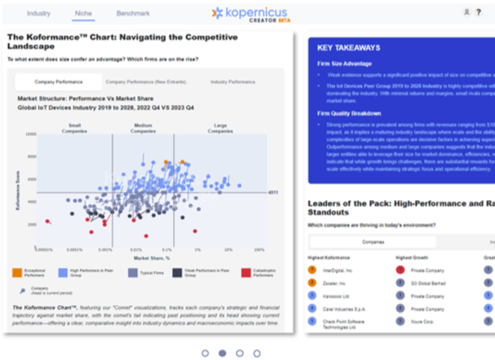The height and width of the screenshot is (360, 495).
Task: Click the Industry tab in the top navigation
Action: point(39,13)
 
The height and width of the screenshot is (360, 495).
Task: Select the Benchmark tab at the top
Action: point(133,13)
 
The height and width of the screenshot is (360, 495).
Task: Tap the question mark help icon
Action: point(478,12)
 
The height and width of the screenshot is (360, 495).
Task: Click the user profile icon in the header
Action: point(467,12)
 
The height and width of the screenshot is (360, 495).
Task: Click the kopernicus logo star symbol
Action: point(217,13)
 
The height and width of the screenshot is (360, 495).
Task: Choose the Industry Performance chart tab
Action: point(232,82)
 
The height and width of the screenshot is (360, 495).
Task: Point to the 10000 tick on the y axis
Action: point(30,133)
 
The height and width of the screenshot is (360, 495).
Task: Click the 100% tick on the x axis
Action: point(259,250)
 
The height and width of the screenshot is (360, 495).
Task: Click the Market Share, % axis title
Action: point(151,257)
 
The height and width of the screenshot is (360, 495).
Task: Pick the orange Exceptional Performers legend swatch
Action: point(17,272)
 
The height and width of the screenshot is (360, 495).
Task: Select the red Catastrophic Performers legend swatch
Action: point(246,272)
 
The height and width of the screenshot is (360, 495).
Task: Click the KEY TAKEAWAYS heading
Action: point(349,48)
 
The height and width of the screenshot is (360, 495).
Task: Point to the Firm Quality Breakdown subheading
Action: point(349,114)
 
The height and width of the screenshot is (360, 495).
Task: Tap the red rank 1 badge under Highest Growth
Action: point(400,270)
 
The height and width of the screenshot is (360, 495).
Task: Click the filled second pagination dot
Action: point(222,353)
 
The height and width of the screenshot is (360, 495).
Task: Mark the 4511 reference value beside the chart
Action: point(273,193)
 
